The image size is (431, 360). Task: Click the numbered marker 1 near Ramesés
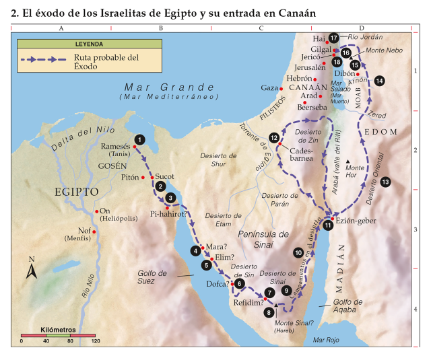click(x=139, y=139)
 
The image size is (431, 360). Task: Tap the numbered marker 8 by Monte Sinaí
click(x=270, y=312)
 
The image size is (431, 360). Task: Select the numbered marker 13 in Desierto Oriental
click(x=385, y=182)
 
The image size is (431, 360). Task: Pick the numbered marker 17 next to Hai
click(x=334, y=38)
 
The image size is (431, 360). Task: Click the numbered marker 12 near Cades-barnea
click(x=274, y=138)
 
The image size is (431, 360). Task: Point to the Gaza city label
click(x=269, y=88)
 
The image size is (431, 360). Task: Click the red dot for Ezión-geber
click(x=333, y=219)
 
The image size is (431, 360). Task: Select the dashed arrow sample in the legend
click(x=42, y=59)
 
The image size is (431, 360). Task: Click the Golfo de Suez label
click(x=153, y=277)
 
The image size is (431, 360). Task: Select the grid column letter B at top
click(x=161, y=29)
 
